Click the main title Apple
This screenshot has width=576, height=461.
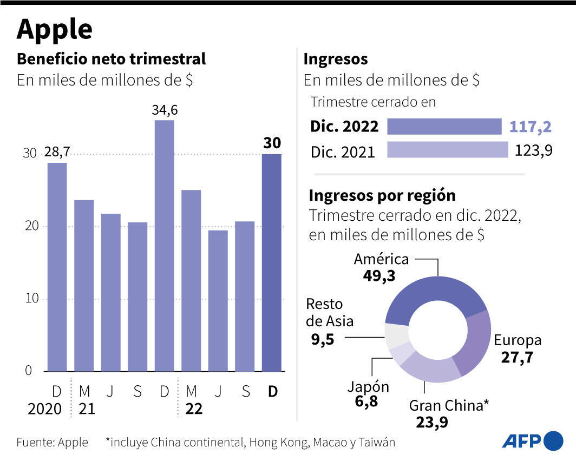pyautogui.click(x=54, y=29)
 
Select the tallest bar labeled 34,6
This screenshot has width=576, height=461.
pyautogui.click(x=165, y=246)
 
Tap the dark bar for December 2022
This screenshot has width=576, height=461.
pyautogui.click(x=272, y=262)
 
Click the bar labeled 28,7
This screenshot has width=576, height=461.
pyautogui.click(x=57, y=267)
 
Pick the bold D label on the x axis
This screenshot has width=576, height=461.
pyautogui.click(x=272, y=391)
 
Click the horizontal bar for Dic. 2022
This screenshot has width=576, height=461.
pyautogui.click(x=444, y=127)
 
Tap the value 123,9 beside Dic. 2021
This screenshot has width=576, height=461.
pyautogui.click(x=532, y=150)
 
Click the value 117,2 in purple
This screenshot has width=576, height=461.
pyautogui.click(x=530, y=127)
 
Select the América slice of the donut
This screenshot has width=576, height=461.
pyautogui.click(x=433, y=295)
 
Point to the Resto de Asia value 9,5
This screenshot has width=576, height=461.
pyautogui.click(x=319, y=339)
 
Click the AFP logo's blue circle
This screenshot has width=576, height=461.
pyautogui.click(x=553, y=441)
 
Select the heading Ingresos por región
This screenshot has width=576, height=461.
pyautogui.click(x=382, y=195)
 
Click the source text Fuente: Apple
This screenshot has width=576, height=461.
pyautogui.click(x=52, y=442)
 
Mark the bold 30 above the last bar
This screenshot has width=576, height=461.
pyautogui.click(x=272, y=143)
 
